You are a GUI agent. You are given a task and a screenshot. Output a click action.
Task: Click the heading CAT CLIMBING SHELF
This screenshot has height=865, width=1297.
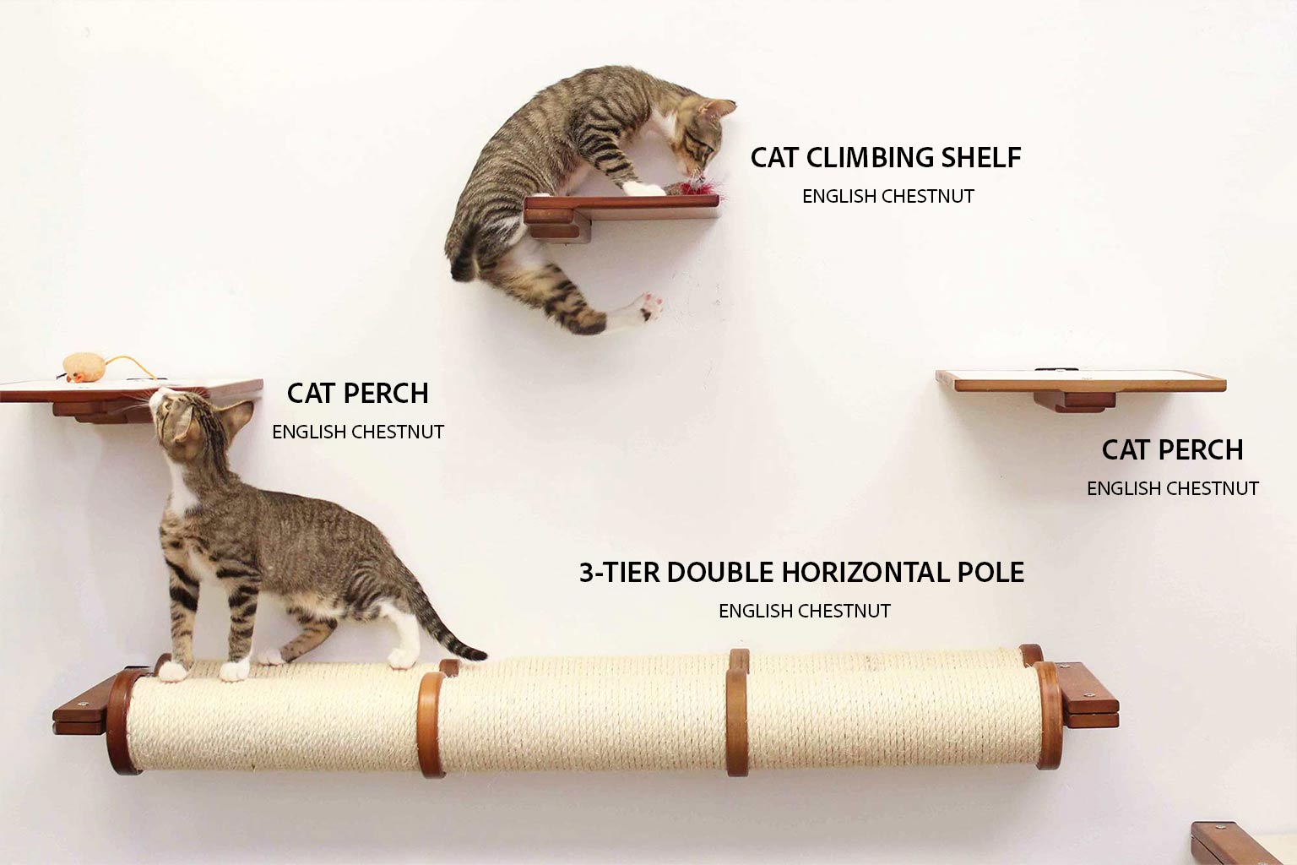(886, 157)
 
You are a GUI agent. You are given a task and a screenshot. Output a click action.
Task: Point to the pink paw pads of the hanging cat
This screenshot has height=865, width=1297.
(650, 304)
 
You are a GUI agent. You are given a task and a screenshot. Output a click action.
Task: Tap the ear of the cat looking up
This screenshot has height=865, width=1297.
(238, 414)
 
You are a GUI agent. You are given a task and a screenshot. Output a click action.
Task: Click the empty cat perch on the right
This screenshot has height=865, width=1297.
(1081, 383)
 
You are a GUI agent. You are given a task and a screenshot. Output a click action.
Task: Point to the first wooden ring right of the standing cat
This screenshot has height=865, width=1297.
(431, 722)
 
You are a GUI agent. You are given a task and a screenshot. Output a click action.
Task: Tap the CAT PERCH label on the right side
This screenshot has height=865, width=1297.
(1172, 449)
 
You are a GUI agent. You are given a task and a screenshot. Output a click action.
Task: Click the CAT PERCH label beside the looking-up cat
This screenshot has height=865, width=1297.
(357, 393)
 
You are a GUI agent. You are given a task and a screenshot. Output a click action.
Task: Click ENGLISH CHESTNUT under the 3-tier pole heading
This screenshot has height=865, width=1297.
(804, 611)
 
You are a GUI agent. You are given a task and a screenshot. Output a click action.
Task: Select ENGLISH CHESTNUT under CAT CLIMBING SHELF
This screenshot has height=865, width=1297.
(887, 196)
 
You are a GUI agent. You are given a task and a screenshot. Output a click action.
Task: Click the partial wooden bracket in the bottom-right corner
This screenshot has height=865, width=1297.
(1241, 843)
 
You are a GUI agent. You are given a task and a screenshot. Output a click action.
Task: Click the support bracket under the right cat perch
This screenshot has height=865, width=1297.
(1074, 401)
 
